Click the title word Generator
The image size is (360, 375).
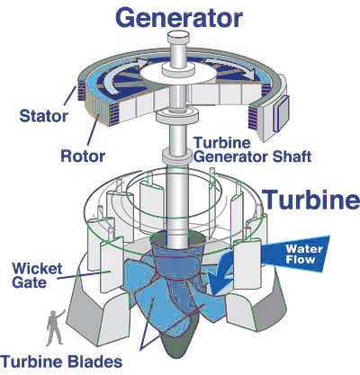click(179, 18)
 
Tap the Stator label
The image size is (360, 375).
click(44, 116)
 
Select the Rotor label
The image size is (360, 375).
click(83, 156)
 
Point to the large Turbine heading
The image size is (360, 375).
click(311, 199)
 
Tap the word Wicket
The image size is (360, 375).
click(37, 269)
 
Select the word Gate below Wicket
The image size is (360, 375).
click(30, 282)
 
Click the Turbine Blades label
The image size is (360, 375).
click(61, 362)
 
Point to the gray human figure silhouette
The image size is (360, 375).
click(55, 328)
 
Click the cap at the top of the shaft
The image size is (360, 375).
click(178, 37)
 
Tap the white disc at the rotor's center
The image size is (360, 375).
click(178, 74)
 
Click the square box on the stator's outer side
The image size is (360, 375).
click(281, 114)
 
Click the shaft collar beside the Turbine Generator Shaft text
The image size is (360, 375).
click(177, 156)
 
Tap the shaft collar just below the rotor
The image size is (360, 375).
click(177, 118)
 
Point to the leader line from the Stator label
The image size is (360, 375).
click(69, 95)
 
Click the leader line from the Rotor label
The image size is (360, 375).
click(93, 130)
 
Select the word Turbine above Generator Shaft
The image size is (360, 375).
click(222, 143)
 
